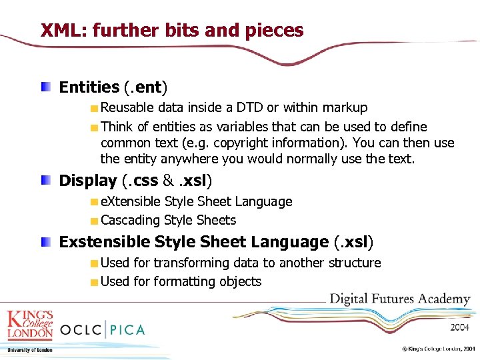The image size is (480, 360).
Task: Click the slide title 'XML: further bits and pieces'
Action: coord(172,30)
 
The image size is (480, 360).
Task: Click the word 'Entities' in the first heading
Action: coord(89,87)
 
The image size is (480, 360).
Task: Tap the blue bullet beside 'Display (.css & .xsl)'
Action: coord(45,180)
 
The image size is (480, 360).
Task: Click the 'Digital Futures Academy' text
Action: coord(400,299)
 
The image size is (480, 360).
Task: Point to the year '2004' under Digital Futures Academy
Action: coord(459,327)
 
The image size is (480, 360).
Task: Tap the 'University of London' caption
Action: coord(29,350)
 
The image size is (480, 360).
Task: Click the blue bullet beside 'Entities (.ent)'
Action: coord(45,87)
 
